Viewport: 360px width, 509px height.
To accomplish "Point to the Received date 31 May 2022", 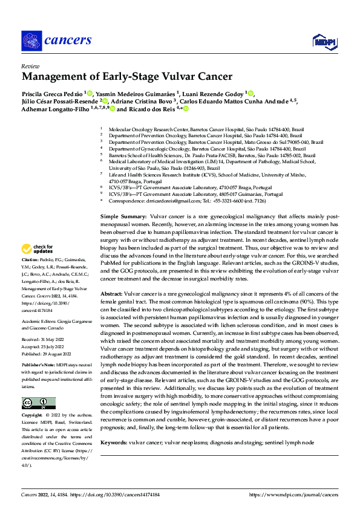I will (41, 340).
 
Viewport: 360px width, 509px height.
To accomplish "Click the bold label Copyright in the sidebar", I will (32, 417).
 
